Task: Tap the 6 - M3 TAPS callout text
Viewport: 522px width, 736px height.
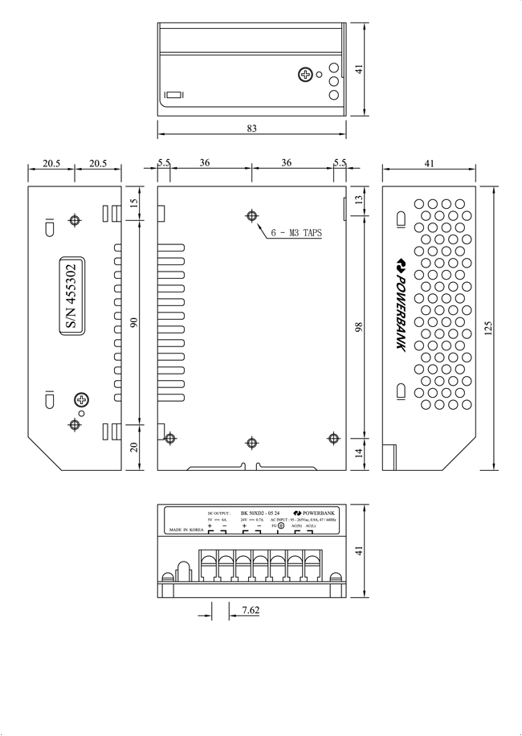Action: (x=296, y=233)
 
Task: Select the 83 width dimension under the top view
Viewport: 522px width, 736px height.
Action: (x=252, y=129)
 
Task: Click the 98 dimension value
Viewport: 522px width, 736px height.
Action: (x=358, y=327)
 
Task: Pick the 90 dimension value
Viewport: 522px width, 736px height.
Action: (x=134, y=323)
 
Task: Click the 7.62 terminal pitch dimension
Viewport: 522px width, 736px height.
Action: (x=250, y=611)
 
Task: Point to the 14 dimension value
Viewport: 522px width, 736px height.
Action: (x=358, y=452)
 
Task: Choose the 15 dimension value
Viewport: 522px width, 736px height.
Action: (x=134, y=204)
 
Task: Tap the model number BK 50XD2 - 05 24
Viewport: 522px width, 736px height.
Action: (x=261, y=512)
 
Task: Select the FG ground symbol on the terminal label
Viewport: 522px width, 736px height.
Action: (x=280, y=525)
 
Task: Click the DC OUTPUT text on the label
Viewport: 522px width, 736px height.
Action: (x=219, y=512)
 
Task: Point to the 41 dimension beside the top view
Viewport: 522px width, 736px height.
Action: (x=359, y=69)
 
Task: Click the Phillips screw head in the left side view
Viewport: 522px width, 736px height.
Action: (x=81, y=399)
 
